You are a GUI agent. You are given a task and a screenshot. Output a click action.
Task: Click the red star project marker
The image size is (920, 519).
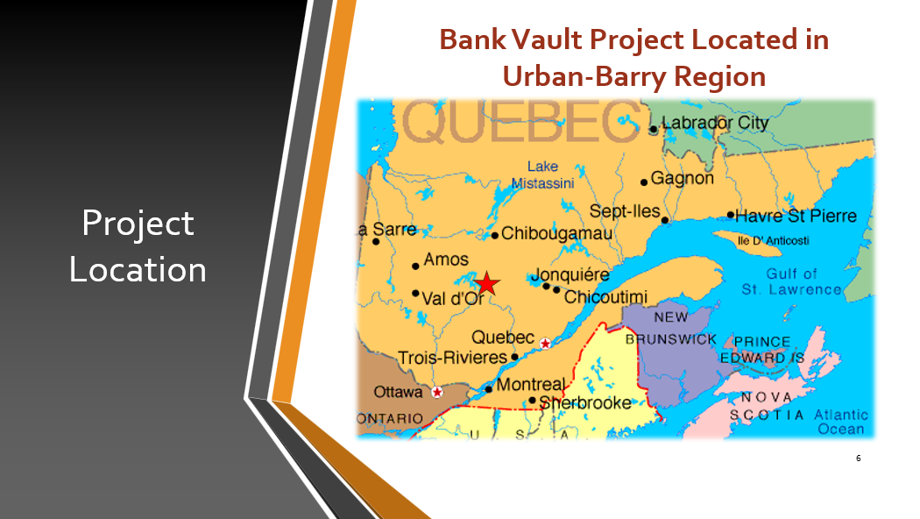[487, 283]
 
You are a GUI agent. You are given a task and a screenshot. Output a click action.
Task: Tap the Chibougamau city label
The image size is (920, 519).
[556, 234]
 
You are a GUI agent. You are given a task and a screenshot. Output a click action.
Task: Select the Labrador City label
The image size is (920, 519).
[715, 123]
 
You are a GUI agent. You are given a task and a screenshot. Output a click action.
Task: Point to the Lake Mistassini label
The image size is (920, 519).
[542, 175]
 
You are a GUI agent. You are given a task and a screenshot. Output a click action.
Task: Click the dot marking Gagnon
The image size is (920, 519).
[644, 182]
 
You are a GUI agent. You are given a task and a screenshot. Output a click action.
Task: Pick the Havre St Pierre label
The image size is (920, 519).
[796, 216]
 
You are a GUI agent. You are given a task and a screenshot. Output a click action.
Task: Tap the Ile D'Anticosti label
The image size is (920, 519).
[774, 241]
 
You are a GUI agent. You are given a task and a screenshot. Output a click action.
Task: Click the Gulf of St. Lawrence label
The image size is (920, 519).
[791, 281]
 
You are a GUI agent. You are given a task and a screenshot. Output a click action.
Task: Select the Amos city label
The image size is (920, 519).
[446, 259]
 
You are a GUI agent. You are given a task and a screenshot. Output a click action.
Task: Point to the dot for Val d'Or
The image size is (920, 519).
[415, 293]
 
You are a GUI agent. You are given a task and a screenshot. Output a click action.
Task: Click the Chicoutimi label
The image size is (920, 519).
[605, 297]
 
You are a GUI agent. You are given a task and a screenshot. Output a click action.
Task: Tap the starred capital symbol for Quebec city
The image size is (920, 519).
[545, 344]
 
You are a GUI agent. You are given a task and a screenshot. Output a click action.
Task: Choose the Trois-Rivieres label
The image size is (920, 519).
[452, 358]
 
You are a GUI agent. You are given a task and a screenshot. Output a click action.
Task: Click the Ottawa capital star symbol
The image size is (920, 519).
[437, 392]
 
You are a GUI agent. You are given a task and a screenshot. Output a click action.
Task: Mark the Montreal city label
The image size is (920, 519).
[531, 385]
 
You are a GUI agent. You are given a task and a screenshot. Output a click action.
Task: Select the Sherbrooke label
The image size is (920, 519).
[585, 402]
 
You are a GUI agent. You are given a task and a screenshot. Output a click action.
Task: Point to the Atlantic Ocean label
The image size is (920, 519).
[841, 423]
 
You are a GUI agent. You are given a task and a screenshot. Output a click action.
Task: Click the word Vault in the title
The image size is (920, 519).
[547, 40]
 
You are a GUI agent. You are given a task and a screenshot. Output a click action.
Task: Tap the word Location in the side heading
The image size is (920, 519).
[138, 269]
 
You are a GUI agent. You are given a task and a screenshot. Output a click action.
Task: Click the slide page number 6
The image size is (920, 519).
[859, 458]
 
